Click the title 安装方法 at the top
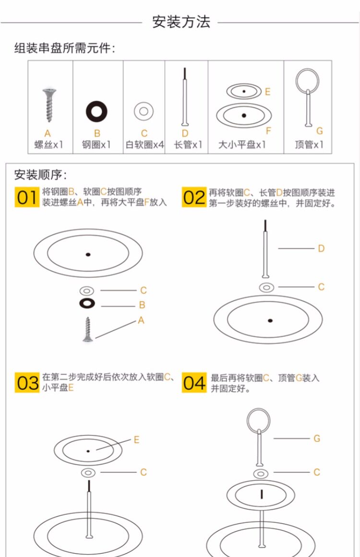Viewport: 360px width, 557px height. (181, 22)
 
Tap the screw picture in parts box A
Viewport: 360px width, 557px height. (48, 104)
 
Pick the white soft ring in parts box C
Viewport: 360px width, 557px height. (144, 111)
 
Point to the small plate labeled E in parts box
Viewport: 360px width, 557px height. (244, 91)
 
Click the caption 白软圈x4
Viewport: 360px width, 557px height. (144, 144)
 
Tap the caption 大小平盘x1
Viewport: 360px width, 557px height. (242, 144)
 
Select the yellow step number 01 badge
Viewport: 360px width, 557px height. (26, 197)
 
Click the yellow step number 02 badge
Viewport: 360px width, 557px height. (193, 197)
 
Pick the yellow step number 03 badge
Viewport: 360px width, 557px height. (26, 382)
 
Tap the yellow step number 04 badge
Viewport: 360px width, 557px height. (193, 382)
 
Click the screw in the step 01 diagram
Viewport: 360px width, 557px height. (87, 330)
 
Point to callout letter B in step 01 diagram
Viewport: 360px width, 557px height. (142, 305)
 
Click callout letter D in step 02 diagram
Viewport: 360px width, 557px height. (321, 248)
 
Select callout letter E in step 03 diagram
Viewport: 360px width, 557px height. (136, 439)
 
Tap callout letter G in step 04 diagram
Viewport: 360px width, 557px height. (317, 438)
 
